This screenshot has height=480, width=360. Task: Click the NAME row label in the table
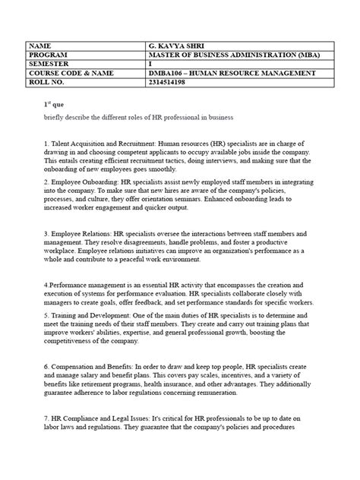pyautogui.click(x=43, y=45)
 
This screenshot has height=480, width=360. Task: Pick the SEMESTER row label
pyautogui.click(x=49, y=64)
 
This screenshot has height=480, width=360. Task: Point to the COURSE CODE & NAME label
pyautogui.click(x=69, y=73)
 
